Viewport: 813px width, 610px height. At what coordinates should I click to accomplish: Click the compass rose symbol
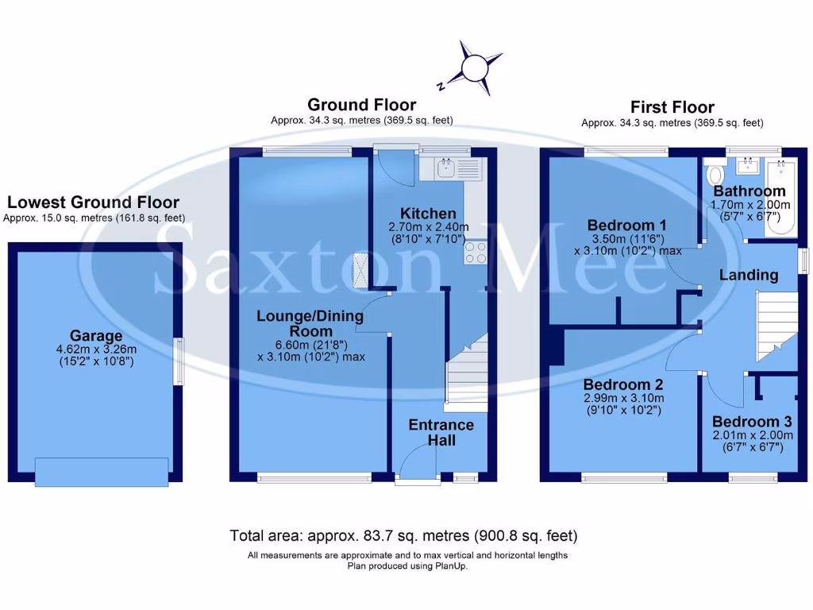(x=475, y=67)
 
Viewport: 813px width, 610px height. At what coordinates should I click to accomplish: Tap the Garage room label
(x=95, y=336)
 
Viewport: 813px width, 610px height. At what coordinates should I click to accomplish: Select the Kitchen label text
(x=428, y=214)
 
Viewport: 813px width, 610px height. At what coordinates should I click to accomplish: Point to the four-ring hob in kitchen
(x=476, y=253)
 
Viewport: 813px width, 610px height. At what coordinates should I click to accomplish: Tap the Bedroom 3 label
(x=751, y=422)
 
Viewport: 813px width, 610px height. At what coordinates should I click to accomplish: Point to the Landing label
(x=748, y=276)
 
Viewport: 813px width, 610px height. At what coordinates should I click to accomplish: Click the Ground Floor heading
(x=361, y=105)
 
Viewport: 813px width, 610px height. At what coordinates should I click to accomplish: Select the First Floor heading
(x=672, y=107)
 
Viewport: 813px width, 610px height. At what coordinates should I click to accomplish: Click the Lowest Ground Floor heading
(x=93, y=203)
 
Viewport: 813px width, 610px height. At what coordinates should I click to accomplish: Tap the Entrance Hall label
(x=441, y=432)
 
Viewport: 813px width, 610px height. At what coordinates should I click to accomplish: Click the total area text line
(x=403, y=535)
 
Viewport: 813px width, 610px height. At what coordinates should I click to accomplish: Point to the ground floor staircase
(x=467, y=373)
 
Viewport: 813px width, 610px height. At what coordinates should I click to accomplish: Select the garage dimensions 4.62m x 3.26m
(x=95, y=349)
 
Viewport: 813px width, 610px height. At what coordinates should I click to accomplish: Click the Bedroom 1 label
(x=627, y=225)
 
